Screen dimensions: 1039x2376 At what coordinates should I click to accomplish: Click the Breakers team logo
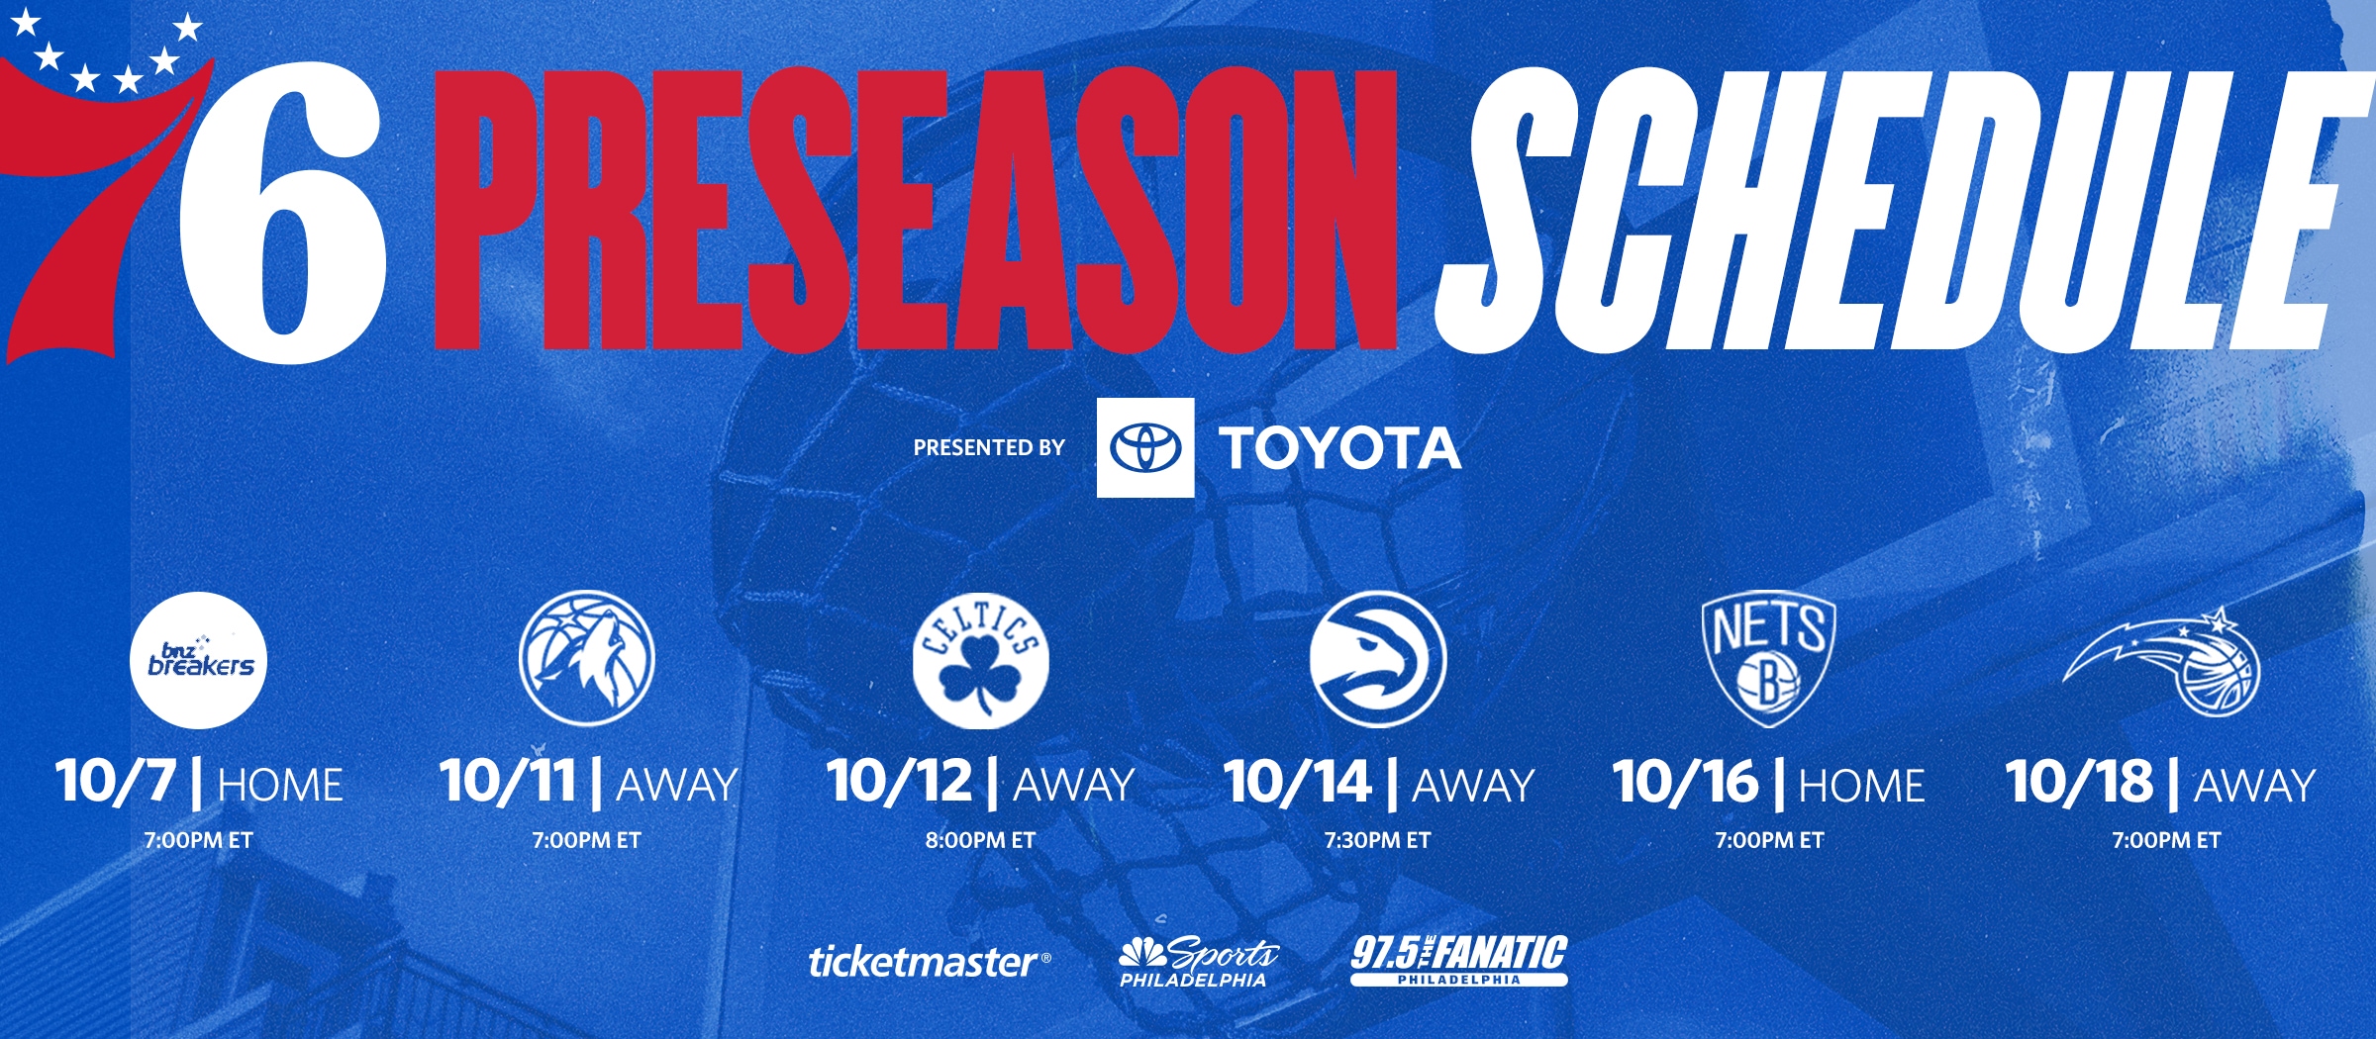click(199, 661)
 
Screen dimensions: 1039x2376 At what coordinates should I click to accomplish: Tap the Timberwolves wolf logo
click(587, 658)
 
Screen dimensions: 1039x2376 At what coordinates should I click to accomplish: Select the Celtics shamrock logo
click(980, 661)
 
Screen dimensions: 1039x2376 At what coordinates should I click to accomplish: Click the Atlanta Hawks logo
click(1377, 659)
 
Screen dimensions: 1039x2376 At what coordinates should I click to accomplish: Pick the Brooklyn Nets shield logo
click(1768, 660)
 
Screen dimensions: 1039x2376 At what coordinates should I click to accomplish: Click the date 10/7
click(115, 782)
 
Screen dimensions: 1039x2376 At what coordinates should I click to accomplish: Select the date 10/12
click(900, 782)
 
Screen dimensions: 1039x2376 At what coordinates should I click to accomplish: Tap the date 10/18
click(2079, 782)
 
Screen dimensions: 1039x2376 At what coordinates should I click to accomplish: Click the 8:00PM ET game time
click(980, 841)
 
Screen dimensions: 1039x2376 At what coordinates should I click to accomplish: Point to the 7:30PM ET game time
click(1377, 841)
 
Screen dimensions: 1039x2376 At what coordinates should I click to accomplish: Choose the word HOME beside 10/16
click(1861, 786)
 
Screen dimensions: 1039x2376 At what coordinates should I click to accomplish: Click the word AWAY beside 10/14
click(1473, 786)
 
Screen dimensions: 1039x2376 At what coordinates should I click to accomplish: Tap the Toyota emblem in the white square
click(1145, 447)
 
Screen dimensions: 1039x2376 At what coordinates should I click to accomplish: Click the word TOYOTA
click(1339, 448)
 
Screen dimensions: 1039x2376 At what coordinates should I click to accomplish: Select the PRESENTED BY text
click(988, 448)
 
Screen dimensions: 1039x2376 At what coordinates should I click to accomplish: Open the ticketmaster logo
click(929, 962)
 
